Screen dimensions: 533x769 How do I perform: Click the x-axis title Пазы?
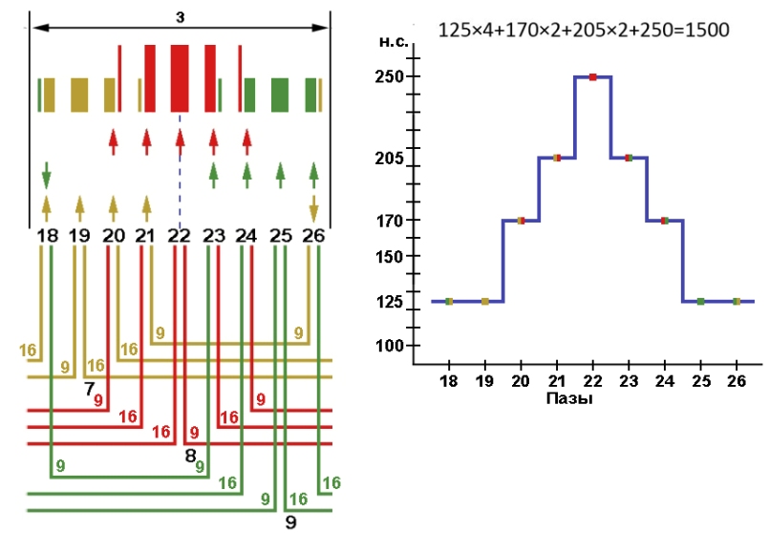pos(569,398)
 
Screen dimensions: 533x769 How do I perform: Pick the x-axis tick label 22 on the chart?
pos(593,380)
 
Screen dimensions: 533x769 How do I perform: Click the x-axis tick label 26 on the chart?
pos(736,380)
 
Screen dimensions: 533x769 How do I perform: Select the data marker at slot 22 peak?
pos(593,76)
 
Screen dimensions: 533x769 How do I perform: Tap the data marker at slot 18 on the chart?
pos(449,301)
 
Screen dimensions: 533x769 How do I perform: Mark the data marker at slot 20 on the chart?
pos(521,221)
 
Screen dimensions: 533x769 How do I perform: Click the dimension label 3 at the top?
pos(180,16)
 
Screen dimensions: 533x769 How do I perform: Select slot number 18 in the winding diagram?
pos(46,234)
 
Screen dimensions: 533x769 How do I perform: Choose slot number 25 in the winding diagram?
pos(280,234)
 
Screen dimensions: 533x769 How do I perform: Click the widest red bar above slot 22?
pos(180,77)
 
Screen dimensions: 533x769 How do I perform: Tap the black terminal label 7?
pos(89,389)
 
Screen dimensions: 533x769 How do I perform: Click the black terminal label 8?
pos(190,455)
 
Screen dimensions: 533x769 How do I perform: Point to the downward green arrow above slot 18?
pos(46,177)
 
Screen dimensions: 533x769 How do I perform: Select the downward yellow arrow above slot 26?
pos(313,208)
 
